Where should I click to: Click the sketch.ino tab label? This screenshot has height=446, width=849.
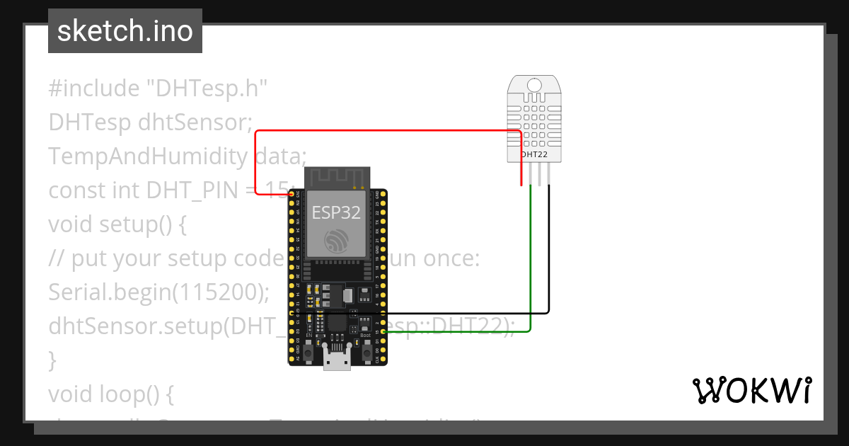click(x=125, y=31)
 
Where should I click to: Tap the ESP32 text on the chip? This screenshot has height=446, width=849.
click(x=336, y=212)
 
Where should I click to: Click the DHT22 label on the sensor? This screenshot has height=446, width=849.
click(x=534, y=154)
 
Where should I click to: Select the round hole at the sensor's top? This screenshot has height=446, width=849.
click(x=534, y=86)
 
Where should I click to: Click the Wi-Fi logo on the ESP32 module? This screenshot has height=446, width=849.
click(x=337, y=241)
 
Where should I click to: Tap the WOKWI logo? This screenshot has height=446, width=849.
click(x=752, y=390)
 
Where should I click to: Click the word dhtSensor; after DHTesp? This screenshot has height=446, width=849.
click(x=195, y=122)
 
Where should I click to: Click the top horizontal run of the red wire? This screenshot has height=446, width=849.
click(x=389, y=131)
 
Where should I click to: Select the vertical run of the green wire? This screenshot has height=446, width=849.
click(x=531, y=262)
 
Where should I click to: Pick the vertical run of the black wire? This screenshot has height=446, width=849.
click(x=548, y=248)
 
